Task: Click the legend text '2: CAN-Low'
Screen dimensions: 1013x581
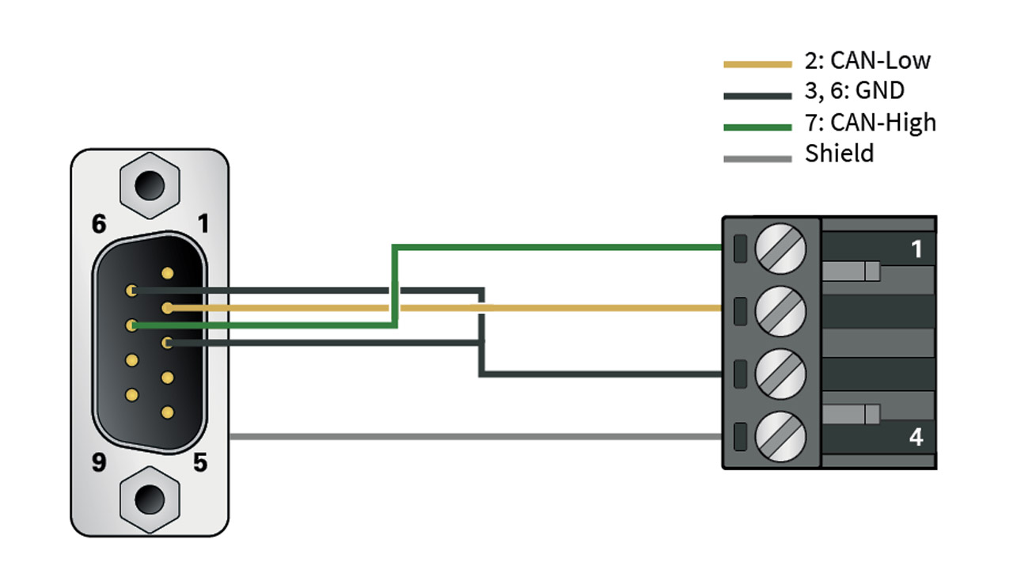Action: (867, 61)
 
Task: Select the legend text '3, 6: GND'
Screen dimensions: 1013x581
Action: (854, 90)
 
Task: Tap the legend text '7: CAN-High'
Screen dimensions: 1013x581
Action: (870, 123)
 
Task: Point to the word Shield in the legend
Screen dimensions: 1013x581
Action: (839, 154)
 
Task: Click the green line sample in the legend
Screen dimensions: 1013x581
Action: (757, 127)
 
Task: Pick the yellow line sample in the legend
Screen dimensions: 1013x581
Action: (757, 64)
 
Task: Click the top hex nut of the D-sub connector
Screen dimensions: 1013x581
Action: (150, 185)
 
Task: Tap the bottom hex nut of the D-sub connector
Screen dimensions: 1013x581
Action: (150, 500)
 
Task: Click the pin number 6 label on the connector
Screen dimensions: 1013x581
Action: (99, 224)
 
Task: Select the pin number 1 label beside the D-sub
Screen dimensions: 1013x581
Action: (203, 224)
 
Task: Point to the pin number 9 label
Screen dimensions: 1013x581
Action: (99, 462)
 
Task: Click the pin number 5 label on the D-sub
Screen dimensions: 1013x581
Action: (200, 462)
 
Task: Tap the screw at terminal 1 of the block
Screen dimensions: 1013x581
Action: (780, 249)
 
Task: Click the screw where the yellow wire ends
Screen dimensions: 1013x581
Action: (780, 311)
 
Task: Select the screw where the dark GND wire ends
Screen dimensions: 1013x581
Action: (780, 374)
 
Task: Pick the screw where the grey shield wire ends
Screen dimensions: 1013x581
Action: (780, 437)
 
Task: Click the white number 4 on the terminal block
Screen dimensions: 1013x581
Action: (916, 437)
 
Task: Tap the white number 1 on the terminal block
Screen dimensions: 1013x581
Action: (916, 249)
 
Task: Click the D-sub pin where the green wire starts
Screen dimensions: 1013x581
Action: (131, 325)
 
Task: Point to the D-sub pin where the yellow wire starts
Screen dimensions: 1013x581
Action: (167, 308)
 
